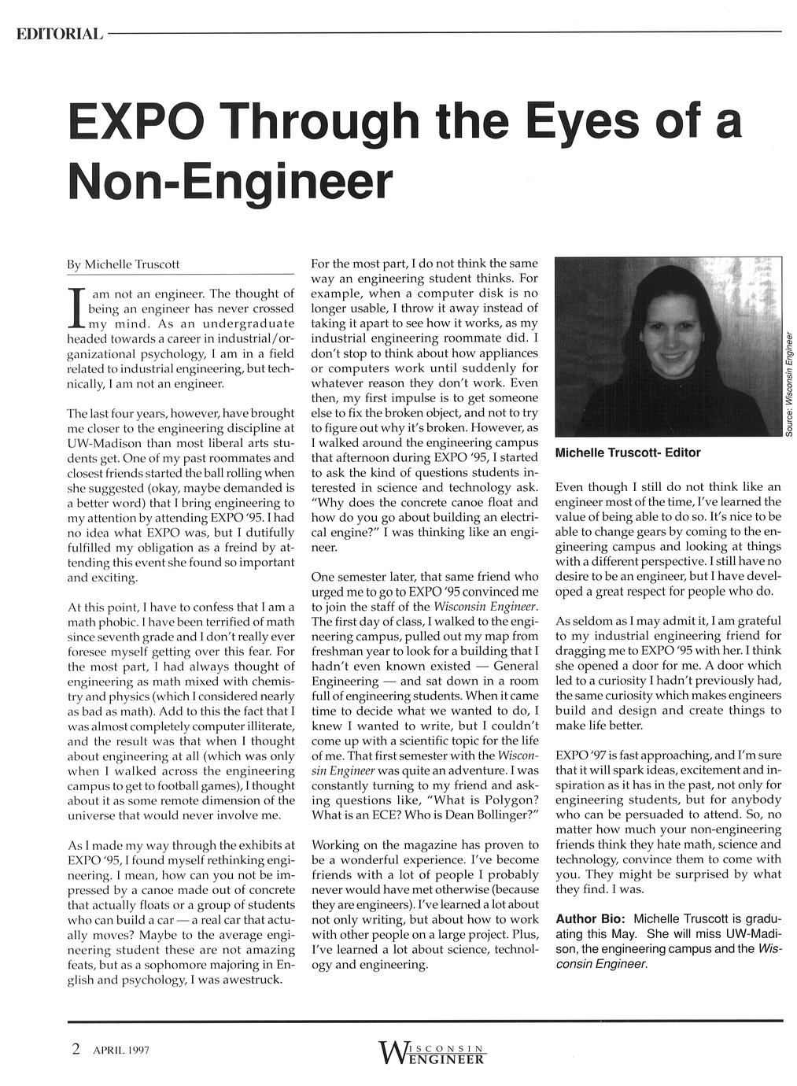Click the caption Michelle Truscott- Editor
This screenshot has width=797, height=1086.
[627, 452]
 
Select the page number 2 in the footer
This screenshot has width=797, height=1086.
[76, 1049]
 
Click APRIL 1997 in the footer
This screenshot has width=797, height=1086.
[121, 1051]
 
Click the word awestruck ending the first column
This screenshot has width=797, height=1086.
[247, 980]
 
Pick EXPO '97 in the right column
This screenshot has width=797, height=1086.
[583, 754]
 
